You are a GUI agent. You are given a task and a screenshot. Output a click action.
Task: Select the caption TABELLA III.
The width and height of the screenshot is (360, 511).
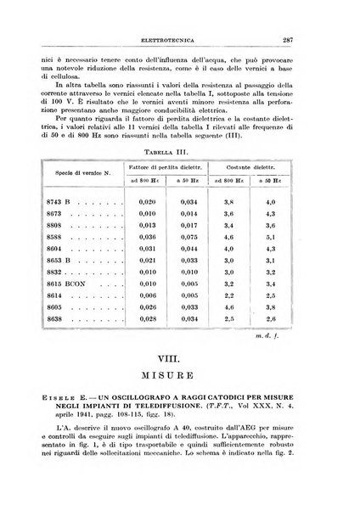(x=180, y=149)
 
